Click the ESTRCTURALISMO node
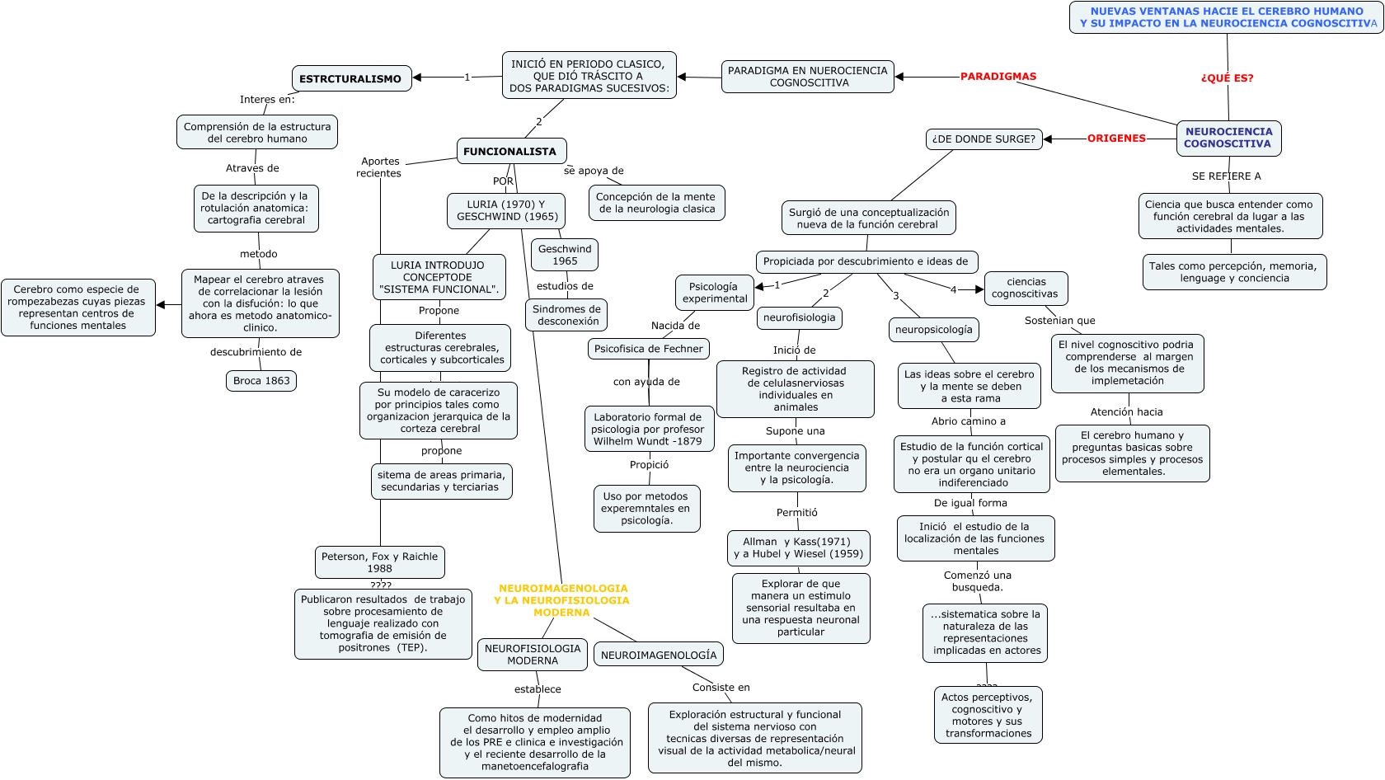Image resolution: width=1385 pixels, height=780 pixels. (351, 79)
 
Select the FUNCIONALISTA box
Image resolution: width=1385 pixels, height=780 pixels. (511, 152)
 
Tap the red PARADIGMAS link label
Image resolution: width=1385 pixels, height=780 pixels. (998, 77)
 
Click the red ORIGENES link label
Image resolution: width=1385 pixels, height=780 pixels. (1116, 139)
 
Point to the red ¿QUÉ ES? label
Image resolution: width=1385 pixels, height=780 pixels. (1227, 78)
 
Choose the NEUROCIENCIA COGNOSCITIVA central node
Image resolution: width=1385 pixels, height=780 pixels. (1228, 138)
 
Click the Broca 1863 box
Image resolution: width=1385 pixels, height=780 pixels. (261, 381)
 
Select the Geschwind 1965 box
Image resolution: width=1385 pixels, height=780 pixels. (565, 255)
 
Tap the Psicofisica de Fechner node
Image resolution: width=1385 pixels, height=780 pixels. (649, 349)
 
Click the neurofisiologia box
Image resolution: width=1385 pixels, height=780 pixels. (799, 317)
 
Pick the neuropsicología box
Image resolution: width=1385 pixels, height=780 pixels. (934, 330)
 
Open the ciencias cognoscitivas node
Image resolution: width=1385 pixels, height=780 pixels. (1026, 288)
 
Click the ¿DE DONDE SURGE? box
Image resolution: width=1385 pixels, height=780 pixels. (984, 139)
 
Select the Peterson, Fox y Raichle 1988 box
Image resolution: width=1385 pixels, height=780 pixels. (379, 562)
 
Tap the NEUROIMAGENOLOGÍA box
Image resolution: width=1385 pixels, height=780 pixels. (659, 655)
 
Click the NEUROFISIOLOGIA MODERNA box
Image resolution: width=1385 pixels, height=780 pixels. (533, 655)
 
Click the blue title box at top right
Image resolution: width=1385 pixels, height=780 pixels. (1227, 17)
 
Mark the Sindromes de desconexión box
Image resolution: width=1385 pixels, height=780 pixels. (566, 315)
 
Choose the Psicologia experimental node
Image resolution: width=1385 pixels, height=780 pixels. (715, 293)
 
